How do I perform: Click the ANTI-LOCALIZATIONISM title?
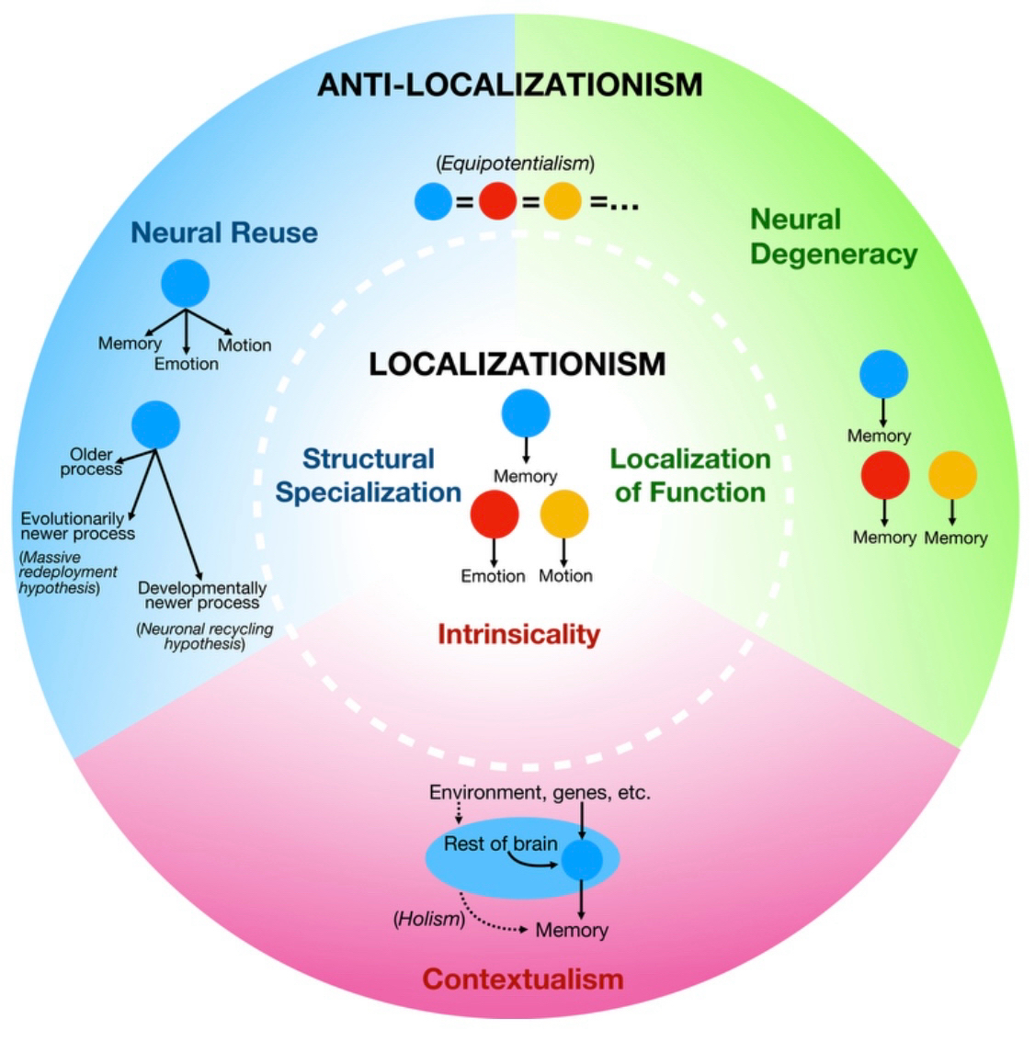[x=509, y=85]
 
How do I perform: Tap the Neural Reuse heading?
[x=223, y=232]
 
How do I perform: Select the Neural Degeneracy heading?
[x=833, y=236]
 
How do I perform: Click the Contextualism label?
[x=522, y=979]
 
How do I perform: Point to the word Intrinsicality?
[x=518, y=634]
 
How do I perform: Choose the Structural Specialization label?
[x=368, y=475]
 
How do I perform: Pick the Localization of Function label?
[x=690, y=475]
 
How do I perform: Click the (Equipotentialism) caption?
[x=515, y=164]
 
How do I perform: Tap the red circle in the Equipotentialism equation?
[x=497, y=201]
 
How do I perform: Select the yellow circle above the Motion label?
[x=563, y=514]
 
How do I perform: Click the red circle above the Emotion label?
[x=494, y=514]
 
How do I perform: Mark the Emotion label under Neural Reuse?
[x=187, y=364]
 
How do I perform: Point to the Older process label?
[x=91, y=461]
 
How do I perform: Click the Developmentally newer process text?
[x=202, y=595]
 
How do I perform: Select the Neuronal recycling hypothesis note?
[x=204, y=637]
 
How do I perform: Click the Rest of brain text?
[x=500, y=843]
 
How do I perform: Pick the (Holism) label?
[x=427, y=919]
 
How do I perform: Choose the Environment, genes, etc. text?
[x=540, y=792]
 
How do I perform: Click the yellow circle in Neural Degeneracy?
[x=952, y=475]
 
